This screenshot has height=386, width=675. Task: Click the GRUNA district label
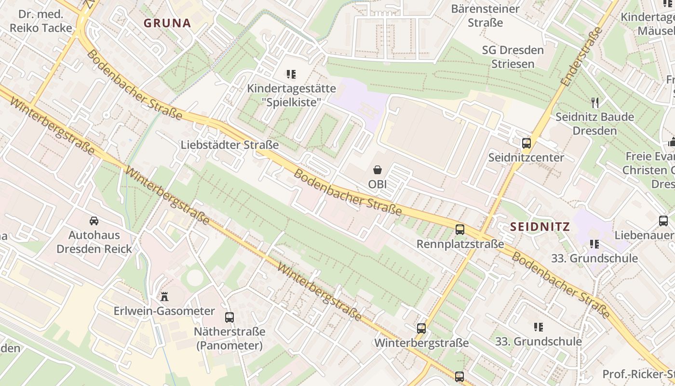tap(167, 23)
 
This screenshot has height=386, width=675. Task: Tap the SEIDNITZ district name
tap(540, 226)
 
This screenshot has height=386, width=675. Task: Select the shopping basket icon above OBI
tap(378, 170)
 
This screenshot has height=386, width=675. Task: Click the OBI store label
tap(378, 184)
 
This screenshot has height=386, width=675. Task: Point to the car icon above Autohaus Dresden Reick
tap(94, 221)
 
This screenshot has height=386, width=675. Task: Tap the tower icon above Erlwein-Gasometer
tap(164, 296)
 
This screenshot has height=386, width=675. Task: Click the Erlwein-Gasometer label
tap(164, 311)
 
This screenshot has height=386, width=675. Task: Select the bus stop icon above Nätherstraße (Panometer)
tap(229, 317)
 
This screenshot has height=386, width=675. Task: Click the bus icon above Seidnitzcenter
tap(526, 143)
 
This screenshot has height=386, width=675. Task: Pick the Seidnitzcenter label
tap(526, 157)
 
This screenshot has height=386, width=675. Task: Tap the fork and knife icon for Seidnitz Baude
tap(595, 102)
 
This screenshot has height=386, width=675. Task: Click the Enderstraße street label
tap(582, 57)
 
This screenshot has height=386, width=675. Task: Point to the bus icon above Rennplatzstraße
tap(460, 230)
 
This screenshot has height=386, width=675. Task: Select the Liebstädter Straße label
tap(229, 145)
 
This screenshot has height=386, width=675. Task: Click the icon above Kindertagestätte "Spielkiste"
tap(291, 74)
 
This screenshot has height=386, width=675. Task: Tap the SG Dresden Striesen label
tap(513, 57)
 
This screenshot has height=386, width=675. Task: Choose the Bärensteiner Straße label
tap(485, 15)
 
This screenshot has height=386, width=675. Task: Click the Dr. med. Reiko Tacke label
tap(41, 21)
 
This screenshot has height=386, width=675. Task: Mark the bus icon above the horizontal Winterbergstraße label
tap(421, 329)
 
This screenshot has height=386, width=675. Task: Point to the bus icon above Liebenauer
tap(663, 221)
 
